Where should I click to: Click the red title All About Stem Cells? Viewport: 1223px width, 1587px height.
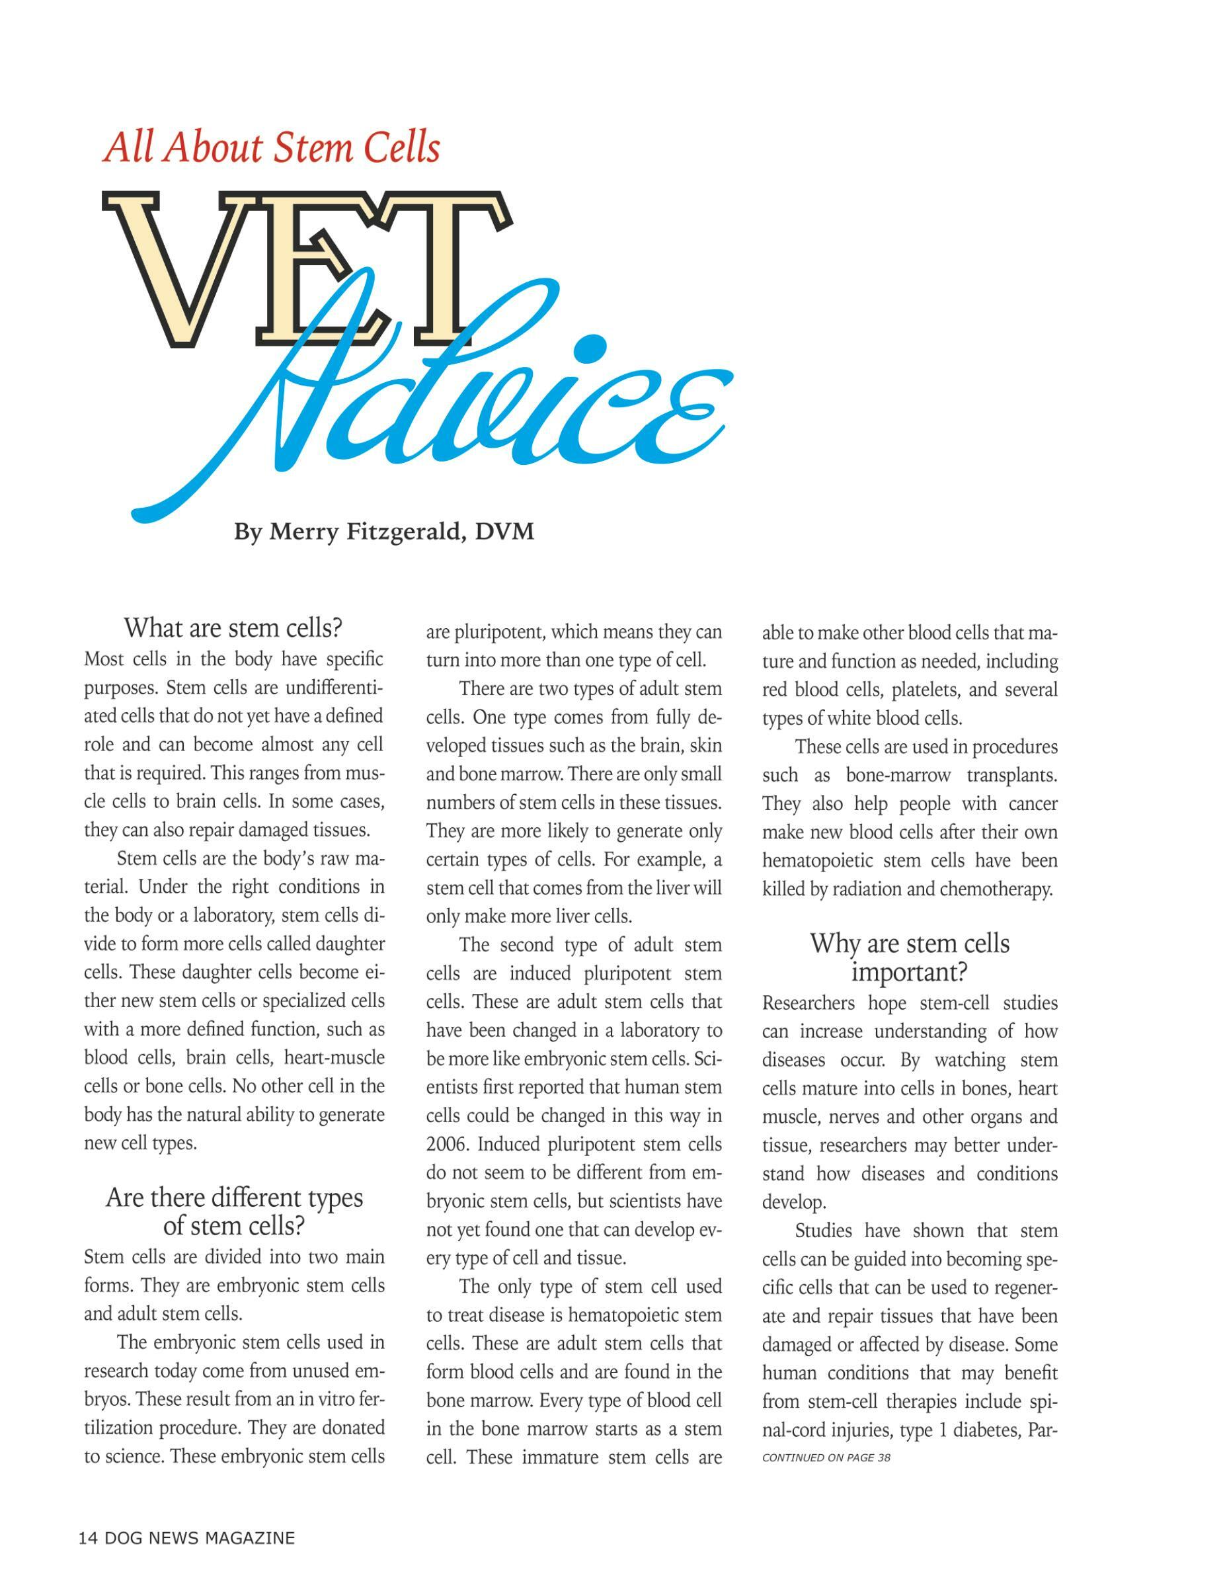coord(272,147)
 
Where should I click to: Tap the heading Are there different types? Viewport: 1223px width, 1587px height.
coord(234,1197)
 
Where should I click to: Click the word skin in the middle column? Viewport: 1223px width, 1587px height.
coord(705,747)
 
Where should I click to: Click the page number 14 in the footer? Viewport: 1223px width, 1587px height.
coord(87,1538)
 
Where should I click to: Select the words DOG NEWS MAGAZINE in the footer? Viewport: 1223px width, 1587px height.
coord(200,1538)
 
